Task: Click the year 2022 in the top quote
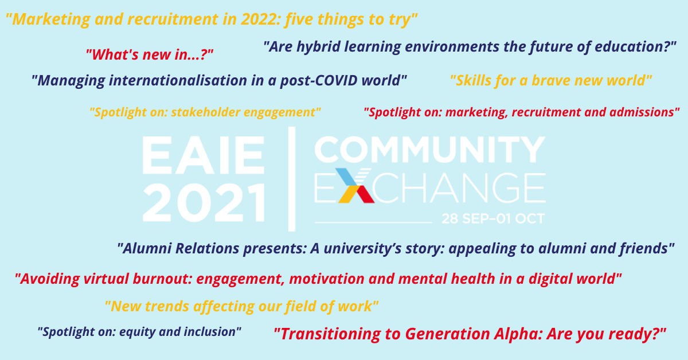click(259, 19)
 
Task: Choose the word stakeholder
click(205, 112)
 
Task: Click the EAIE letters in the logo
click(203, 155)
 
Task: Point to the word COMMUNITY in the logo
click(430, 150)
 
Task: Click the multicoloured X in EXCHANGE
click(355, 185)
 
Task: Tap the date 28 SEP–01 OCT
click(493, 219)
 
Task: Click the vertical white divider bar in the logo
click(292, 179)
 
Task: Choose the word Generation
click(447, 334)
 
